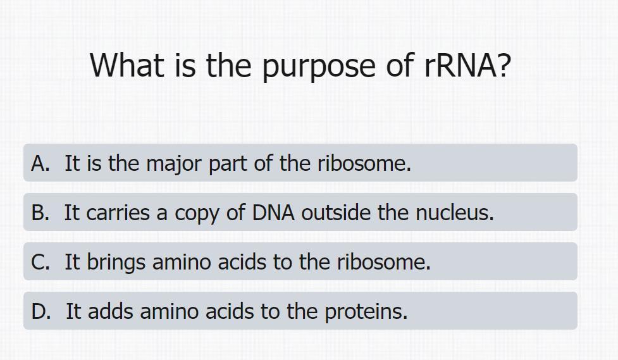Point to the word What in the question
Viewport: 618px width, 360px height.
(x=127, y=65)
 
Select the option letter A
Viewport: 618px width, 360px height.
(x=40, y=163)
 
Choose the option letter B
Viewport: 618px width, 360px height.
(x=40, y=213)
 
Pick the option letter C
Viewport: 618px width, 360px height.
(x=40, y=262)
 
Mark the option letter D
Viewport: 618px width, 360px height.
(x=41, y=311)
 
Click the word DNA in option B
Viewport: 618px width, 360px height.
(x=273, y=213)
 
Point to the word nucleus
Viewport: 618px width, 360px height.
(x=455, y=213)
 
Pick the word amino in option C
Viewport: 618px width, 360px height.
(x=182, y=262)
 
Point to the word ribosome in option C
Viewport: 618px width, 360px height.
(x=384, y=262)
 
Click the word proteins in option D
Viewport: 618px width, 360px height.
(x=366, y=313)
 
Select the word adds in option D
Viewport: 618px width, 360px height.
(x=110, y=311)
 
